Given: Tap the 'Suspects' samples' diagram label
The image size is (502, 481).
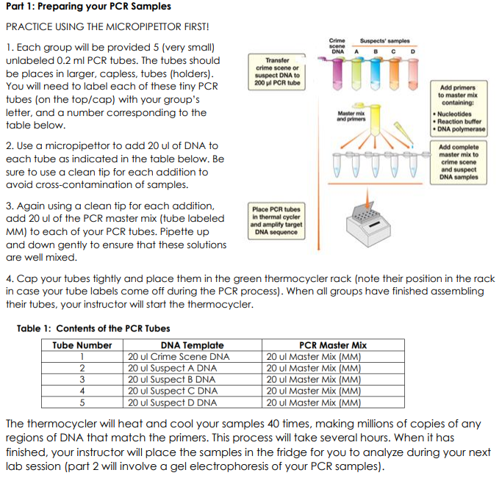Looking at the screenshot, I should pyautogui.click(x=384, y=41).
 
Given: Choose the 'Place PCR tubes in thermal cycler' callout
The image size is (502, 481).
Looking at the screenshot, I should pyautogui.click(x=276, y=220).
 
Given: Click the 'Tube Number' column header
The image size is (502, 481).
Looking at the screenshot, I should pyautogui.click(x=82, y=345).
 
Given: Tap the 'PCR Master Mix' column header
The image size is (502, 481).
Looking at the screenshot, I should pyautogui.click(x=333, y=345).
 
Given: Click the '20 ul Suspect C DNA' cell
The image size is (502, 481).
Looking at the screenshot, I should pyautogui.click(x=172, y=391).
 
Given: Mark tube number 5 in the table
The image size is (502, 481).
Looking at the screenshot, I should pyautogui.click(x=82, y=402).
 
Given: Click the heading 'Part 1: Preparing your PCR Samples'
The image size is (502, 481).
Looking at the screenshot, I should pyautogui.click(x=87, y=7).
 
